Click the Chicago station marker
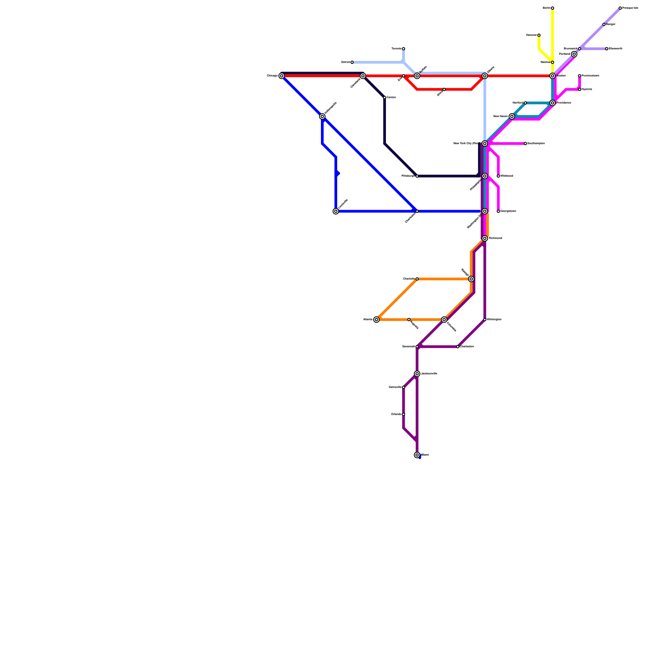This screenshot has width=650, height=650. point(282,76)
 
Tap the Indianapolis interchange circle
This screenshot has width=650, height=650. point(322,117)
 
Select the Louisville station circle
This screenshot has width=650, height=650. point(336,211)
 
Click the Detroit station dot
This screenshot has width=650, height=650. point(352,62)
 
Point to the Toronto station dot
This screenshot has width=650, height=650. point(403,49)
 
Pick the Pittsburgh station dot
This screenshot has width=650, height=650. point(417,176)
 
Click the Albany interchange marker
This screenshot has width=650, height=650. point(485,76)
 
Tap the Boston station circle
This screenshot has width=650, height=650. point(552,76)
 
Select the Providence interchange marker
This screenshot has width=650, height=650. point(552,103)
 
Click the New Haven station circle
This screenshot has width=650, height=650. point(512,117)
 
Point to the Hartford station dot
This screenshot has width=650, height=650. point(525,103)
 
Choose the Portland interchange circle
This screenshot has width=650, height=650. point(574,54)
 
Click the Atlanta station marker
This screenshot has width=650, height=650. point(377,320)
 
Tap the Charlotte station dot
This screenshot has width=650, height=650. point(417,279)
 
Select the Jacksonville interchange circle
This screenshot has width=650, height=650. point(417,374)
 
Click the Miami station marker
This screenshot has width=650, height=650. point(417,455)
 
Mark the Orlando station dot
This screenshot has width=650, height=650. point(403,414)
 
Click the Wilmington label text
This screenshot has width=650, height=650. point(494,320)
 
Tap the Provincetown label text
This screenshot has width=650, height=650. point(590,76)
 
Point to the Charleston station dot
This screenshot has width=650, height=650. point(458,347)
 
